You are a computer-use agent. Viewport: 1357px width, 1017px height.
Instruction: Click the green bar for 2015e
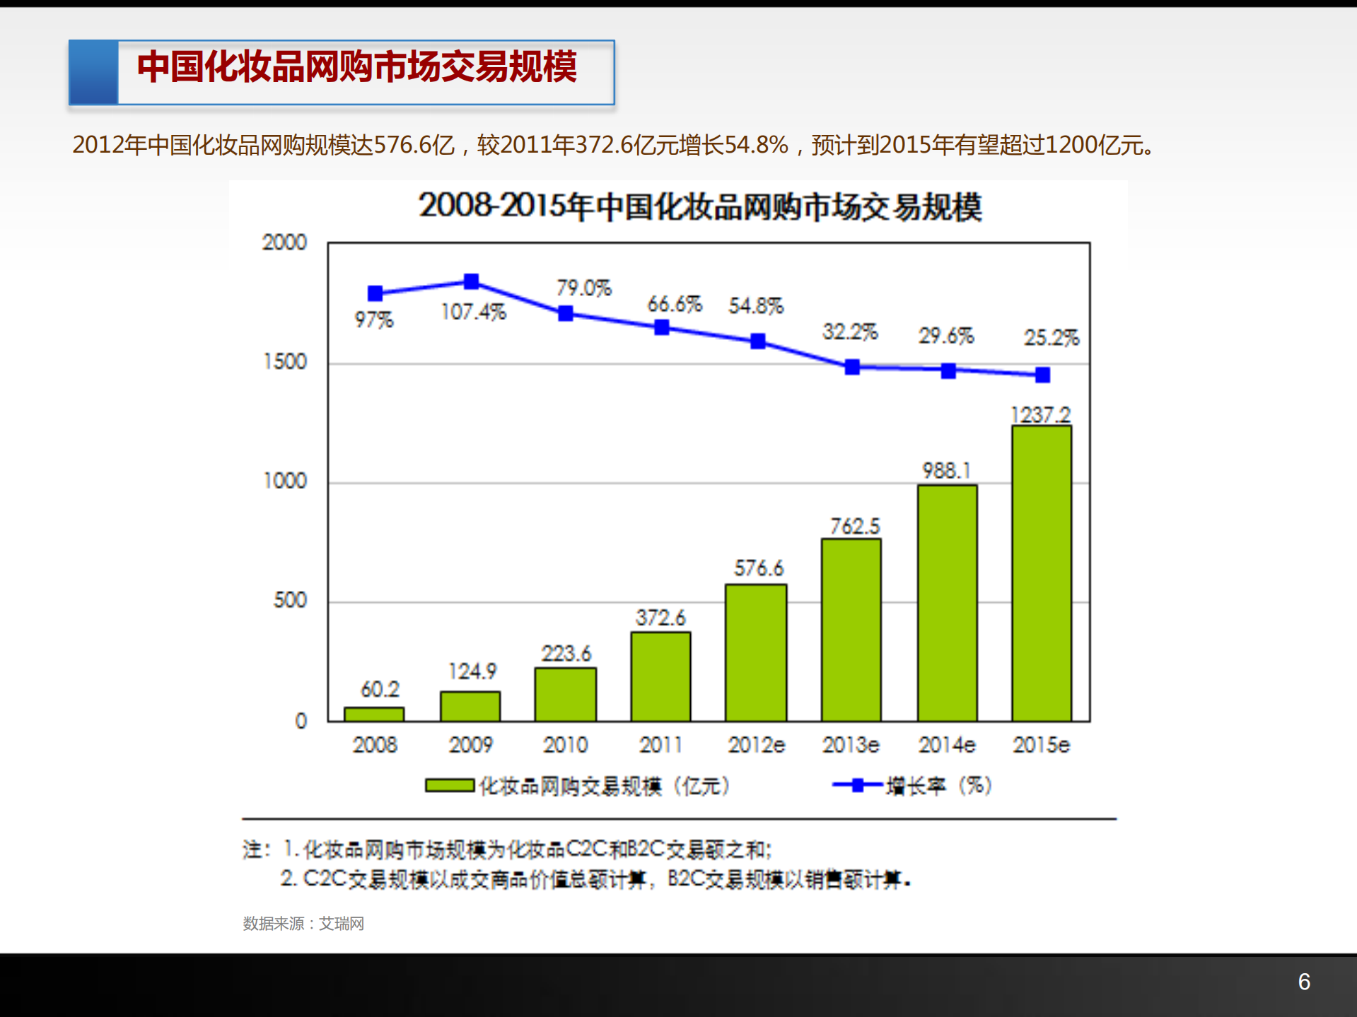coord(1041,572)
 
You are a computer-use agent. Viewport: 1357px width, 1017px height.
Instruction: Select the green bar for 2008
coord(374,714)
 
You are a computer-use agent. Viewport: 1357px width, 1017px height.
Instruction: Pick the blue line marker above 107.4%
coord(471,281)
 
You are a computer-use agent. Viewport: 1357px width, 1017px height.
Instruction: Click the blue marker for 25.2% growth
coord(1042,375)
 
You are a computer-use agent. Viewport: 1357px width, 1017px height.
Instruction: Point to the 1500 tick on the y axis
coord(285,362)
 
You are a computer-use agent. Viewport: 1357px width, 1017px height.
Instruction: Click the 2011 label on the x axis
coord(660,745)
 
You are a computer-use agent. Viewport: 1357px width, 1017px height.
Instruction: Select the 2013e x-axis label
coord(850,745)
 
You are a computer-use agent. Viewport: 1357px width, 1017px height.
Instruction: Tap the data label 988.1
coord(946,471)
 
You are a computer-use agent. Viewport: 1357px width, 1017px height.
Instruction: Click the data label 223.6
coord(566,653)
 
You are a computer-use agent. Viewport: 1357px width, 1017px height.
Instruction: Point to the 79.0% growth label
coord(583,288)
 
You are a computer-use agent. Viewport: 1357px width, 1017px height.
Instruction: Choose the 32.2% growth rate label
coord(849,331)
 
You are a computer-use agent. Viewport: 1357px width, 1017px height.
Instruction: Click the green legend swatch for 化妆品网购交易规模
coord(450,786)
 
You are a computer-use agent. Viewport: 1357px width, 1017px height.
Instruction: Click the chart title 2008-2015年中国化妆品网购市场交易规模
coord(699,207)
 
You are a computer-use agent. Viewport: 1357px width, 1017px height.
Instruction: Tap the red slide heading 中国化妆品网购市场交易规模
coord(357,67)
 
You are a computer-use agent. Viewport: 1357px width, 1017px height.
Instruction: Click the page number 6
coord(1304,982)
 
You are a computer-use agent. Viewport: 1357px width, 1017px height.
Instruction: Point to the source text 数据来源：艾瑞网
coord(303,924)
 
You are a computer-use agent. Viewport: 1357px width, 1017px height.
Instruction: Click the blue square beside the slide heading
coord(93,73)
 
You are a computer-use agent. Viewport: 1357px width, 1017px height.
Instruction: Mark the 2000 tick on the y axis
coord(284,242)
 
